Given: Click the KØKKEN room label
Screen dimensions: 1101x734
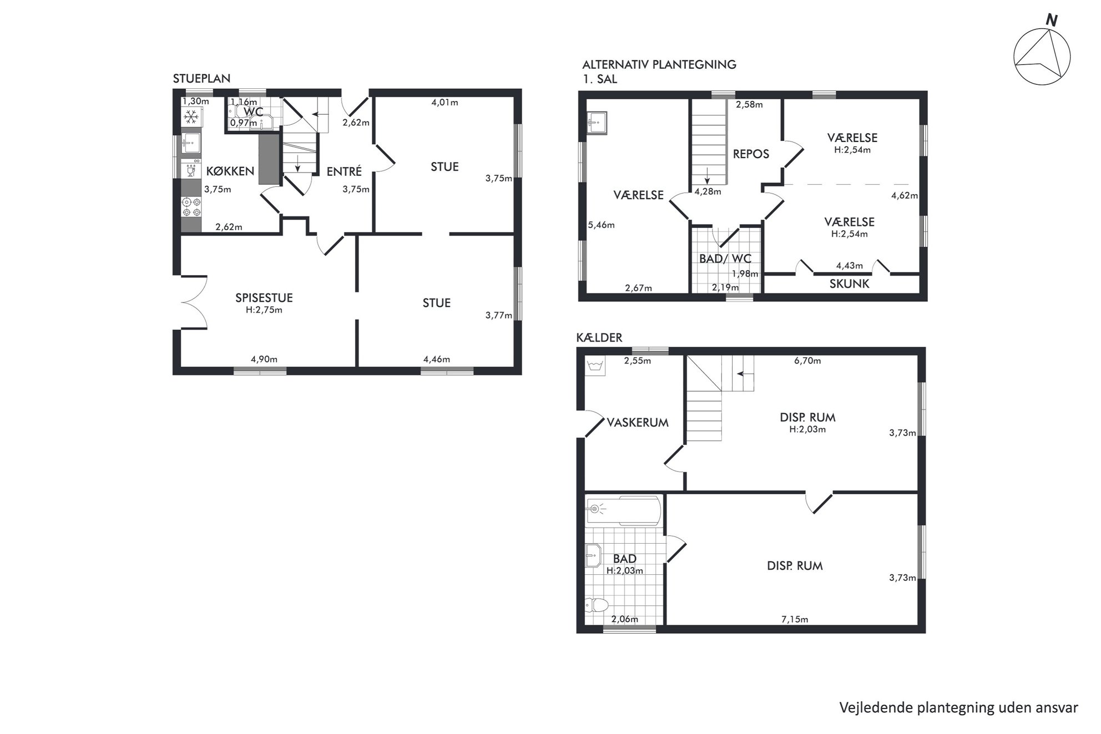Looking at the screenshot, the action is (x=230, y=171).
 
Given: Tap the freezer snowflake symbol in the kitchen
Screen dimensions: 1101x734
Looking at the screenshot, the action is (x=192, y=117).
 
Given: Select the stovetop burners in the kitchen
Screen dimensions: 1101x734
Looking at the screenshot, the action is (x=191, y=207).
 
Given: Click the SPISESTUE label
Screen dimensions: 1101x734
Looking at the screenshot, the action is (x=264, y=298).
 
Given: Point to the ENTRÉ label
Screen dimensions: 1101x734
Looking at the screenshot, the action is (x=344, y=171).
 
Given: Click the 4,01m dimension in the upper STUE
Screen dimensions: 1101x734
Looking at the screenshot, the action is (x=445, y=102).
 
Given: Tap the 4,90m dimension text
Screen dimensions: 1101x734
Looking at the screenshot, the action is (x=264, y=359).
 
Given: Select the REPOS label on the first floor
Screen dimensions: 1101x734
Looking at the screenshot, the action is (x=751, y=154).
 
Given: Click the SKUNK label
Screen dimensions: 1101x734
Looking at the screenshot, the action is (x=849, y=284).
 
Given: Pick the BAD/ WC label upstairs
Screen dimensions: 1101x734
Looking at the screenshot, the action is (x=725, y=259).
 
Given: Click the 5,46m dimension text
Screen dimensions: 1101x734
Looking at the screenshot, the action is (x=602, y=225).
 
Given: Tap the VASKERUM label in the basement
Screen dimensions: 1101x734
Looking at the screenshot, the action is (x=638, y=422).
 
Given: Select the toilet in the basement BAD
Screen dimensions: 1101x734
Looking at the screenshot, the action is (x=597, y=604).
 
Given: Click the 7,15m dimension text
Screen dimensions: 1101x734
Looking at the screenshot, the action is (x=795, y=619).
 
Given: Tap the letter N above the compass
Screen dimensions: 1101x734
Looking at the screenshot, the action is (x=1051, y=21).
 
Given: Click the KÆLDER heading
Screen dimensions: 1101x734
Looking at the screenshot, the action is (x=599, y=337).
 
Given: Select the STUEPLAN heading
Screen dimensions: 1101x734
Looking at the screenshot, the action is (x=201, y=78).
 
